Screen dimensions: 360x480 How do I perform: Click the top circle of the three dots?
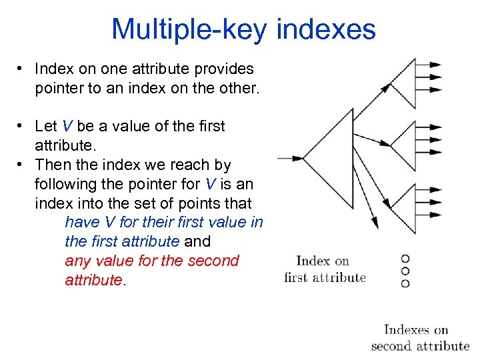click(405, 259)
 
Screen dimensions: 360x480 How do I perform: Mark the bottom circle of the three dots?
click(405, 283)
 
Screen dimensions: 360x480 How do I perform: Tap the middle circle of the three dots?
click(405, 271)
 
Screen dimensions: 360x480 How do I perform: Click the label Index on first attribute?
click(325, 269)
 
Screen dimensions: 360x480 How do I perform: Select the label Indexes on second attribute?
click(420, 337)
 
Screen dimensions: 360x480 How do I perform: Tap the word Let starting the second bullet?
click(46, 126)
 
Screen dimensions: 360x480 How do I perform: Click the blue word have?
click(81, 222)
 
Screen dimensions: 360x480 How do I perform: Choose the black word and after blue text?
click(197, 241)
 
